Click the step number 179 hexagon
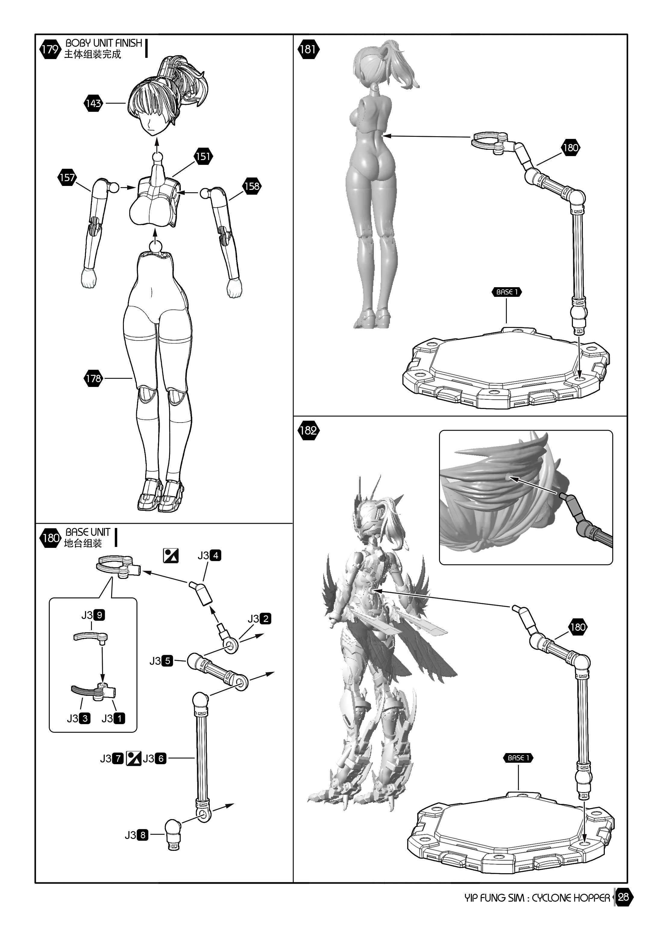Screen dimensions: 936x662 (50, 49)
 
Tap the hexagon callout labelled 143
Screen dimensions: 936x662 (93, 104)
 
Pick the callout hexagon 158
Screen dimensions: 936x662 (252, 186)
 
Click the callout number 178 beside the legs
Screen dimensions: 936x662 (93, 378)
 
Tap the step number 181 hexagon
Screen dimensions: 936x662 (308, 49)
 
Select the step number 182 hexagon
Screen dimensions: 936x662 (308, 431)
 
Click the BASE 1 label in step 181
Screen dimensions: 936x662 (507, 292)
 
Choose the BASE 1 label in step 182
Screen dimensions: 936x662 (518, 758)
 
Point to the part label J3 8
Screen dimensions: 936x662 (136, 835)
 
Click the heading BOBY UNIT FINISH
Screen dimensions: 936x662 (104, 43)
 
